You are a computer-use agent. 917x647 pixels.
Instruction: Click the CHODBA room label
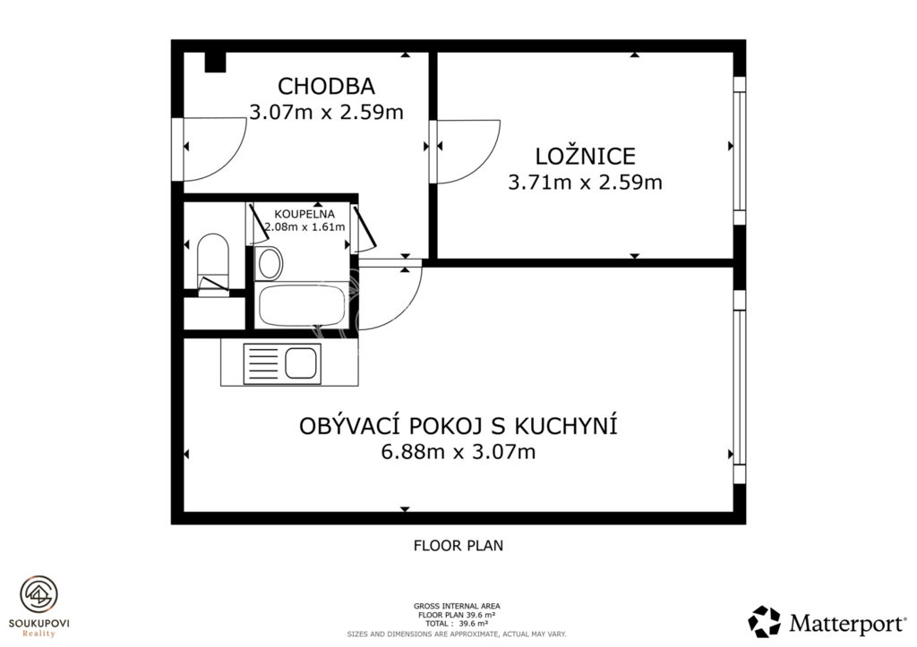pyautogui.click(x=325, y=86)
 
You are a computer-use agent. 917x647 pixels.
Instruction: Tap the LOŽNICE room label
pyautogui.click(x=585, y=156)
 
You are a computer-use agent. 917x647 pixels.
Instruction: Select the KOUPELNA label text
pyautogui.click(x=304, y=214)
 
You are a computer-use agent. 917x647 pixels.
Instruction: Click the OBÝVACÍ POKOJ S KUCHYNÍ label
pyautogui.click(x=458, y=426)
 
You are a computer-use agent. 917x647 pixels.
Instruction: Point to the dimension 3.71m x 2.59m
pyautogui.click(x=585, y=183)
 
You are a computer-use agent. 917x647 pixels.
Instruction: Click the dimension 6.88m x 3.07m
pyautogui.click(x=458, y=453)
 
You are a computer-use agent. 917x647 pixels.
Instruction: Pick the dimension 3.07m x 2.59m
pyautogui.click(x=325, y=113)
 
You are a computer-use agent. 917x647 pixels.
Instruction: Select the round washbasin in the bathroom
pyautogui.click(x=270, y=263)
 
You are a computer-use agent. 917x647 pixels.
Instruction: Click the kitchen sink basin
pyautogui.click(x=300, y=363)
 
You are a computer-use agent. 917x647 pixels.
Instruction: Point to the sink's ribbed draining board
pyautogui.click(x=263, y=363)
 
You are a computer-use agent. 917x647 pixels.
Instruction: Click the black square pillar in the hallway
pyautogui.click(x=215, y=63)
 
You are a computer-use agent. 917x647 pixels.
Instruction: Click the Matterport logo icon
pyautogui.click(x=764, y=621)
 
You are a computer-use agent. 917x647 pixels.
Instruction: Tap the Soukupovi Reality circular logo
pyautogui.click(x=39, y=594)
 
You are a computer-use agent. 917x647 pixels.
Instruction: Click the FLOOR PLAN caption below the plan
pyautogui.click(x=458, y=545)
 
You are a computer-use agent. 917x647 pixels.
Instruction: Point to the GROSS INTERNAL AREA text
pyautogui.click(x=458, y=606)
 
